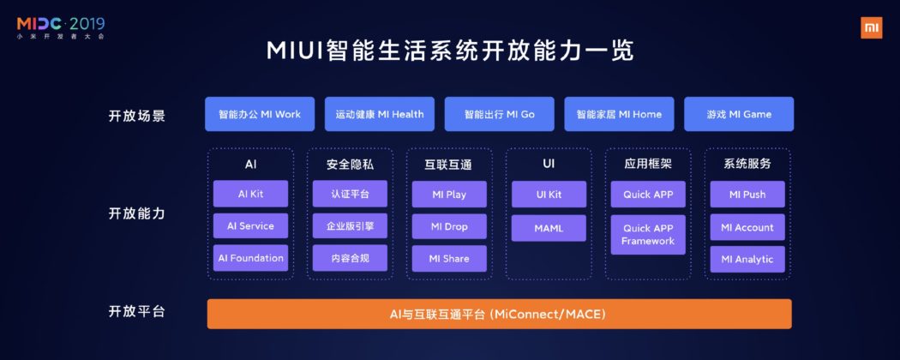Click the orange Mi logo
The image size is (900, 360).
point(870,27)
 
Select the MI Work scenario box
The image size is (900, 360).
point(260,114)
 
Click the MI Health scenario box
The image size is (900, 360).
point(380,114)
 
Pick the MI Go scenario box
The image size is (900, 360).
point(499,114)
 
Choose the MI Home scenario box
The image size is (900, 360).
point(619,114)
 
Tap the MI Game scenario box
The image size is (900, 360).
point(739,114)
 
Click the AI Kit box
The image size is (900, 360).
point(251,195)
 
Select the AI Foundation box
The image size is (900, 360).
point(251,258)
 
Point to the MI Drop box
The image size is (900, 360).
point(450,227)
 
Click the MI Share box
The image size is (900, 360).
point(450,259)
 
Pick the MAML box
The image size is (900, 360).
point(549,227)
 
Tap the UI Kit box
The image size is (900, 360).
point(549,195)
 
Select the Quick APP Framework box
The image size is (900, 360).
point(648,235)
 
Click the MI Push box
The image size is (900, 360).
point(747,195)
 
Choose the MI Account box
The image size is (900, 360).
point(747,227)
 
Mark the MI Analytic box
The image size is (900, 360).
point(747,259)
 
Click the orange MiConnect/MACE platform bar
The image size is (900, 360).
point(499,314)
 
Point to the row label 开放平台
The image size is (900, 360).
point(137,312)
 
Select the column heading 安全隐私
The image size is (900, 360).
point(351,164)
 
